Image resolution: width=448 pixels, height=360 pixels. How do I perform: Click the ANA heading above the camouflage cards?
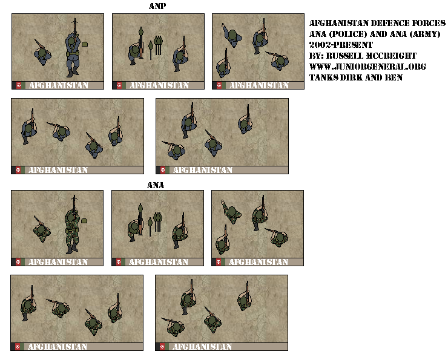[x=156, y=185]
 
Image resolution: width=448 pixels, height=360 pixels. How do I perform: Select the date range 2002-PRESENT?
[x=341, y=45]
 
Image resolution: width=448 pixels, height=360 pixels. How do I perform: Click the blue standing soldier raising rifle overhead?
[x=73, y=51]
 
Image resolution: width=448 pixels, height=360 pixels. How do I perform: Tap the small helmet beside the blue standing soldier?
[x=85, y=44]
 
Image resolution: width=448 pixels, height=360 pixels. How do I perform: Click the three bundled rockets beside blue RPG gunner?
[x=159, y=45]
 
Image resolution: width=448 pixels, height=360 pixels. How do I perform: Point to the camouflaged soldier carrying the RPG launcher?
[x=135, y=229]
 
